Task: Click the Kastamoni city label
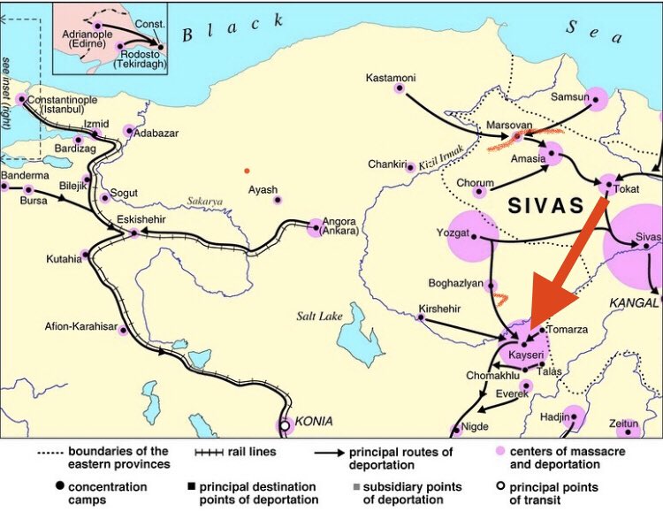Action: pyautogui.click(x=391, y=79)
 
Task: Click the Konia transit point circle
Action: pyautogui.click(x=285, y=425)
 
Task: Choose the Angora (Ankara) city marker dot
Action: pyautogui.click(x=315, y=228)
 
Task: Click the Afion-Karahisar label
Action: pyautogui.click(x=80, y=326)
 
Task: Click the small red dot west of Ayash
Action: pyautogui.click(x=247, y=170)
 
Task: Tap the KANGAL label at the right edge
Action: pyautogui.click(x=635, y=302)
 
